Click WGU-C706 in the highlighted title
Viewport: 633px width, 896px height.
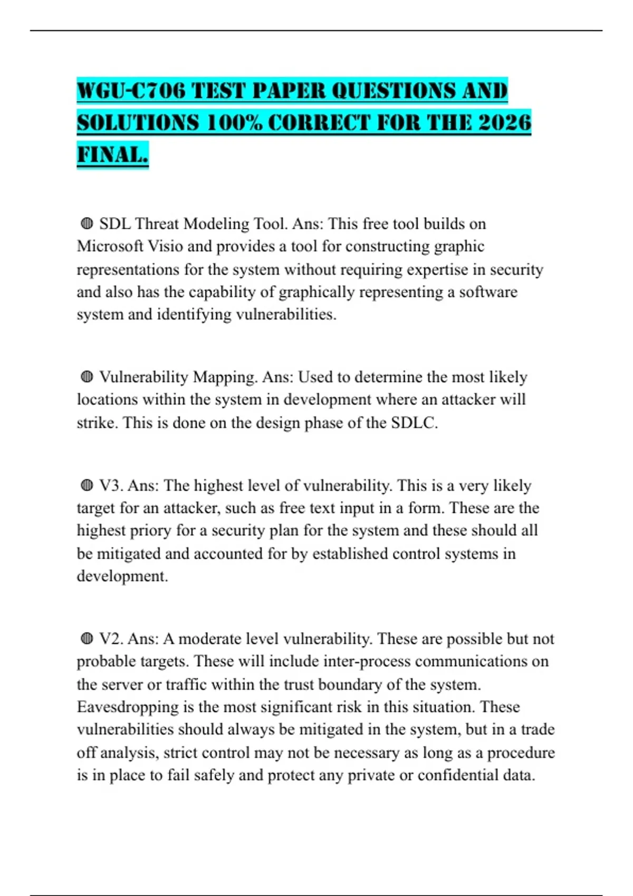point(131,91)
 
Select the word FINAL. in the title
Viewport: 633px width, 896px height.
point(112,155)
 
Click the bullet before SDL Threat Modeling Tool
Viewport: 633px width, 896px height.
point(87,224)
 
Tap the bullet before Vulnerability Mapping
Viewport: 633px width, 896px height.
point(87,377)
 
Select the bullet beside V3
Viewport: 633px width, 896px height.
point(87,485)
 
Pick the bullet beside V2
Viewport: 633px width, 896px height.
point(87,639)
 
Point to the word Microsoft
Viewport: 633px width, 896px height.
point(110,246)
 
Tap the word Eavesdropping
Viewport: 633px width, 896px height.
point(128,707)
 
